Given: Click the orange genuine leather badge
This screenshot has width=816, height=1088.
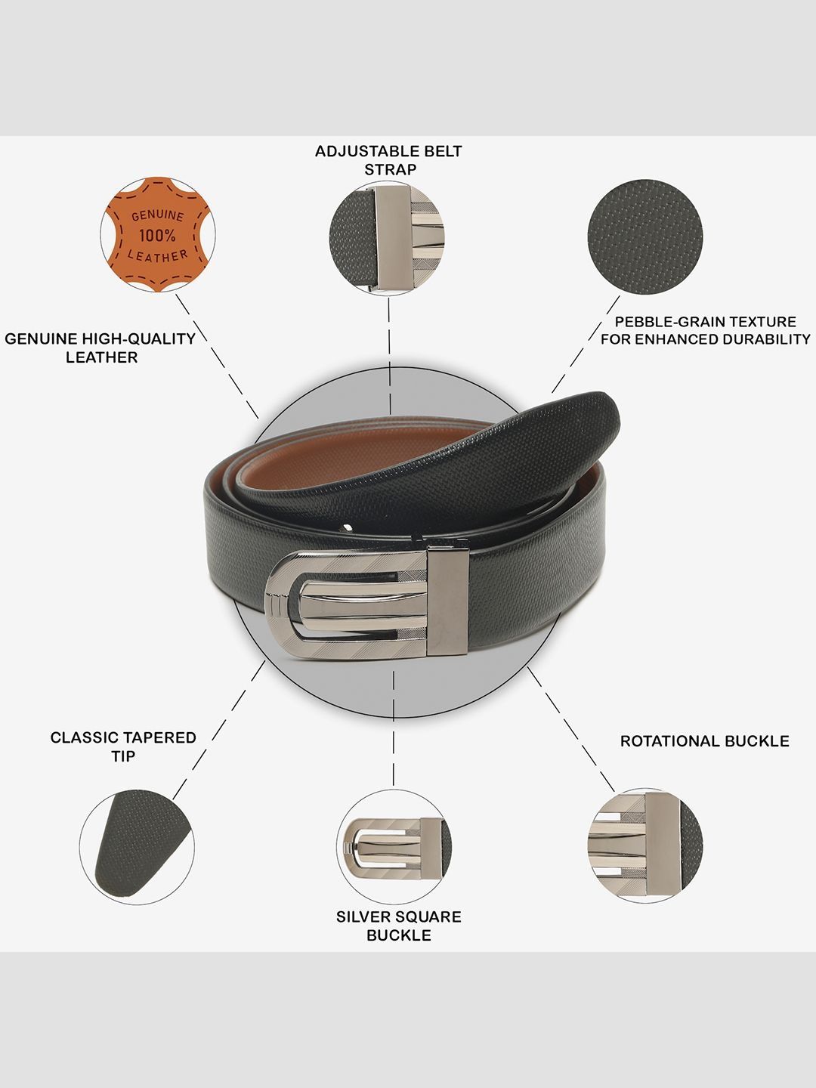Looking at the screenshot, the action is pos(158,235).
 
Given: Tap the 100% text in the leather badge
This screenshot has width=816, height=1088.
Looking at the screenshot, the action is pos(157,235).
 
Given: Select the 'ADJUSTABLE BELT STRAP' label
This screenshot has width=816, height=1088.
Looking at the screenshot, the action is pos(389,160).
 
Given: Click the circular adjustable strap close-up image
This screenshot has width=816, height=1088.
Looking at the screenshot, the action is pos(387,239).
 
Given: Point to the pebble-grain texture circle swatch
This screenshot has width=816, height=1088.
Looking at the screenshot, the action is pos(645,237).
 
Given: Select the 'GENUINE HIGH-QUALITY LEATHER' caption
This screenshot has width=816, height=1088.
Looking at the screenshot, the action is pos(100,348).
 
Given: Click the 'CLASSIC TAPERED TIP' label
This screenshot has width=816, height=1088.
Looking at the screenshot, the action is pos(123,747).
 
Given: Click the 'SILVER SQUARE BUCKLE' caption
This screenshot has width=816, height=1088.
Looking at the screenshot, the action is pos(399,926).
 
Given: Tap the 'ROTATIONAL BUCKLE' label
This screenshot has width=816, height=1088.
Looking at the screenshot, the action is pos(704,741).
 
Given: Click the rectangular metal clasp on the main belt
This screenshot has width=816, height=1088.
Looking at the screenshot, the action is pos(448,601).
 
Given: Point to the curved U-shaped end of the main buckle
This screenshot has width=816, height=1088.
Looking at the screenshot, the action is pos(283,605).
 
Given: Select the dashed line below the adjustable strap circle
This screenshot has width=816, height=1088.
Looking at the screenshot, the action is pos(389,356).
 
